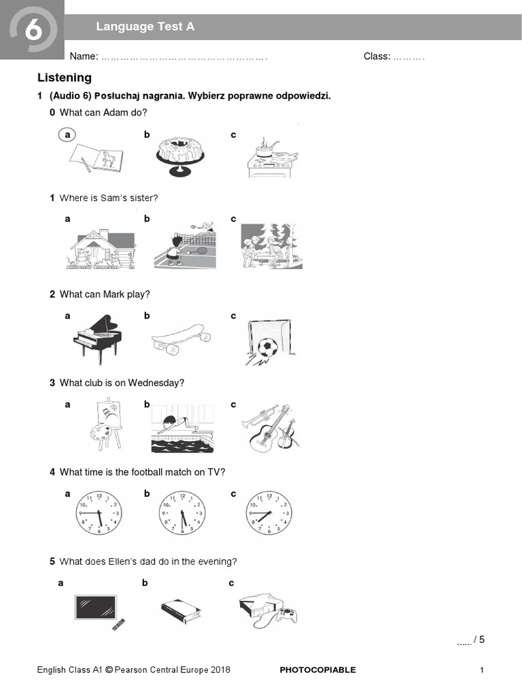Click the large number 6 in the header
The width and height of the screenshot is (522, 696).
(31, 31)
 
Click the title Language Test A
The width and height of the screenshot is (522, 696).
(145, 27)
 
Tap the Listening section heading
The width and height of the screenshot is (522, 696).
(65, 77)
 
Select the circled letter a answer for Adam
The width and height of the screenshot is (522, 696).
(67, 135)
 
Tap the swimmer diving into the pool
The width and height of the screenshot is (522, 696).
(181, 428)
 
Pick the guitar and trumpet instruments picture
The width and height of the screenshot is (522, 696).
(268, 428)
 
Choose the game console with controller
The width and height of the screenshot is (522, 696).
(266, 606)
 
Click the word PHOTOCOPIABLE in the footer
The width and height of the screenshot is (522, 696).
(317, 669)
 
